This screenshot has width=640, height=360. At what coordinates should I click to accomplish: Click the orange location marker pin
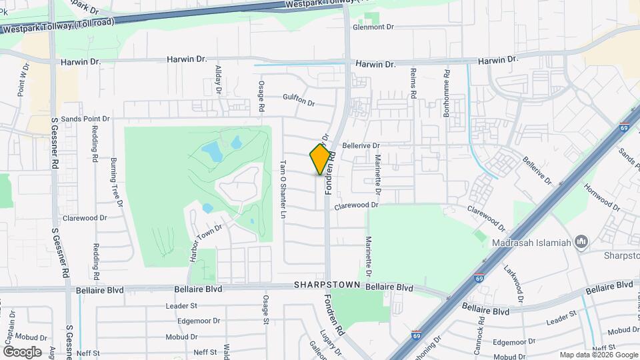[321, 159]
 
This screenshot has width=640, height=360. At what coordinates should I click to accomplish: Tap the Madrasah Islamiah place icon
[581, 241]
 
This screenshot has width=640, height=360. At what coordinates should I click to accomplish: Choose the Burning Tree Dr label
[115, 179]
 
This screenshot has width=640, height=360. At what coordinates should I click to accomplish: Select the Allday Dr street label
[218, 79]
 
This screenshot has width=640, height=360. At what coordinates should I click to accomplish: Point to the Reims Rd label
[413, 84]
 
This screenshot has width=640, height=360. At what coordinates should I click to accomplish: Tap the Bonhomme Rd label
[446, 92]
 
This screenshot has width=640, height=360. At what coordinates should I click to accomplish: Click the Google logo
[22, 351]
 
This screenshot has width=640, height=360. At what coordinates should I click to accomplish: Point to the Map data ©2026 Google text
[597, 355]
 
